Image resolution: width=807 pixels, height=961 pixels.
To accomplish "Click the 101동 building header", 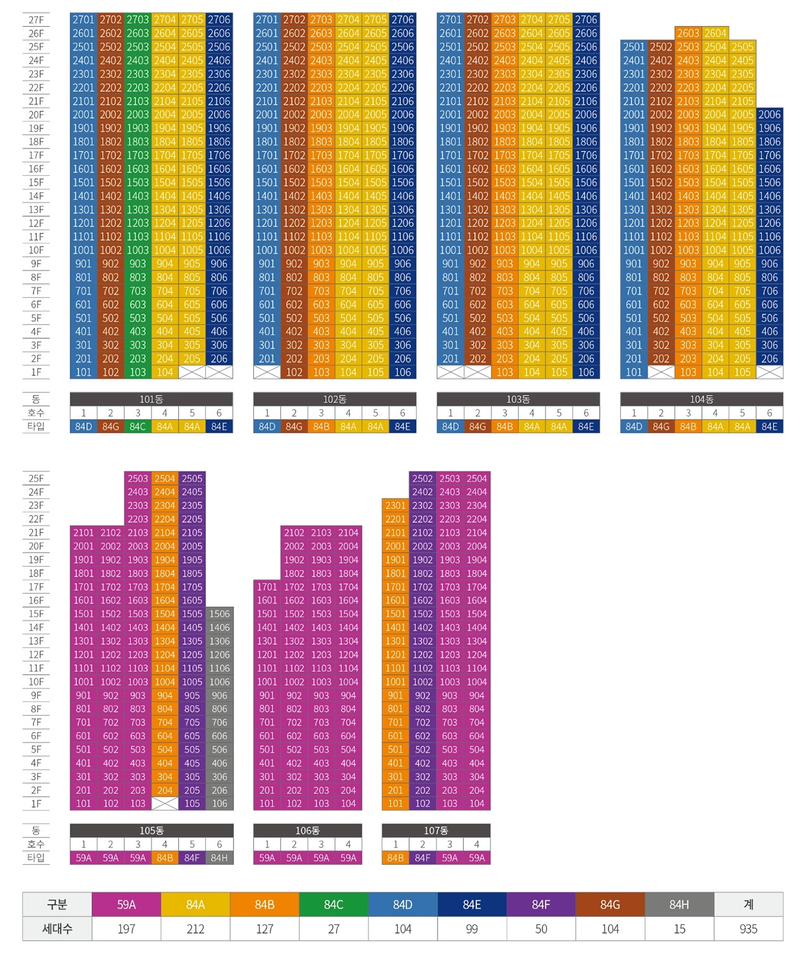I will [x=151, y=399].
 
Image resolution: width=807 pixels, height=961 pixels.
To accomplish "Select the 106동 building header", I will [x=307, y=831].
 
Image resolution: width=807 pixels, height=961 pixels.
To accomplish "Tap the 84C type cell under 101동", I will [x=138, y=426].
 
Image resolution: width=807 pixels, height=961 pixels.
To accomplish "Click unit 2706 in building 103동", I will [x=586, y=20].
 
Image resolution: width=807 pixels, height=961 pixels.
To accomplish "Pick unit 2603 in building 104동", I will [x=688, y=34].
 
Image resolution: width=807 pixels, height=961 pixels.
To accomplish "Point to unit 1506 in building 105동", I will [x=219, y=614].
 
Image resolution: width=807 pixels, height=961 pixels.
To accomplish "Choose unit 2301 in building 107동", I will [x=395, y=505].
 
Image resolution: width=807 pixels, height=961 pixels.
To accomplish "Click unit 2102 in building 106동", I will [x=294, y=533].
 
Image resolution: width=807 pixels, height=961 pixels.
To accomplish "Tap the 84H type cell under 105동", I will [x=219, y=858].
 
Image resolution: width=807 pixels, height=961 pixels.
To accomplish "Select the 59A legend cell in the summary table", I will [x=126, y=905].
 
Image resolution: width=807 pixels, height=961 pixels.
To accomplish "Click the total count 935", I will [x=748, y=929].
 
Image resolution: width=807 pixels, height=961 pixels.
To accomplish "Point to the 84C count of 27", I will [x=333, y=929].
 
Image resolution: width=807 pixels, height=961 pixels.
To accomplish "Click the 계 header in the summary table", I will [x=748, y=905].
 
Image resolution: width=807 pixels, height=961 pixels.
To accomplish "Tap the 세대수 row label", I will [x=57, y=929].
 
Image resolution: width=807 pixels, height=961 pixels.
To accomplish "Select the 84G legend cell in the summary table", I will [x=610, y=905].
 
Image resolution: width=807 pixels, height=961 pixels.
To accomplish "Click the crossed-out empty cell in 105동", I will [x=165, y=803].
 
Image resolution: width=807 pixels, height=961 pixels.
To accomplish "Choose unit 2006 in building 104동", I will [x=769, y=115].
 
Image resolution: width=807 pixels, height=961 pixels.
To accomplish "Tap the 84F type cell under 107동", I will [x=422, y=858].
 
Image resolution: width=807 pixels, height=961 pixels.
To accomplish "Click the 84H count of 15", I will [x=679, y=929].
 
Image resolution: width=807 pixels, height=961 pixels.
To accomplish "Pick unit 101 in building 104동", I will [x=634, y=372].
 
